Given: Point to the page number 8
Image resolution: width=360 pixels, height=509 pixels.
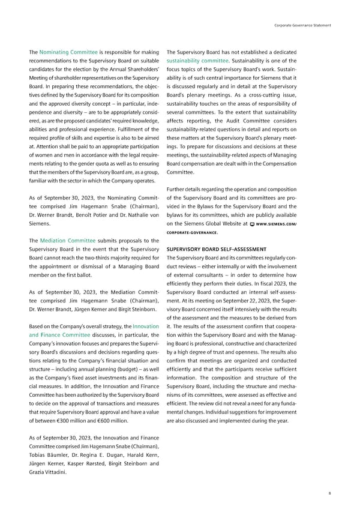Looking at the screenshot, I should (x=329, y=492).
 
